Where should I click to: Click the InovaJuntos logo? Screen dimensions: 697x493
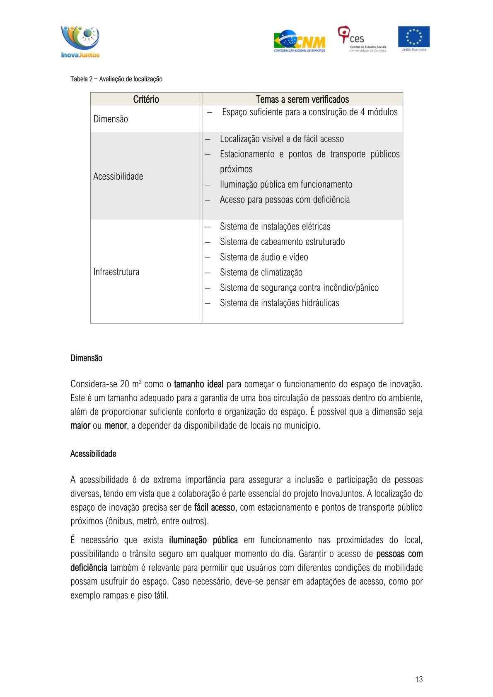[80, 42]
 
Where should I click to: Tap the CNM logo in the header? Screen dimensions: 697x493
[300, 41]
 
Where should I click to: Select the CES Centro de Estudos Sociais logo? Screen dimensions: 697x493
[362, 39]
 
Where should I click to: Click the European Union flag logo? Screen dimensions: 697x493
[413, 38]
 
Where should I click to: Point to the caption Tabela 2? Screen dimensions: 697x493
[116, 79]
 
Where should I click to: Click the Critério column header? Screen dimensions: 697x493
[146, 99]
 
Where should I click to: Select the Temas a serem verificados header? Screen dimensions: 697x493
[302, 99]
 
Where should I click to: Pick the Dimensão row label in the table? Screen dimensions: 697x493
[111, 119]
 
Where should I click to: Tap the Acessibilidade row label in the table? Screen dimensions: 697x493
[118, 176]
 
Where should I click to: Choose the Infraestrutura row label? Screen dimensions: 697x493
[116, 272]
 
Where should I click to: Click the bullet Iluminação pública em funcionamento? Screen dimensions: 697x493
[286, 185]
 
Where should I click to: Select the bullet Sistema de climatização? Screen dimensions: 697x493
[261, 273]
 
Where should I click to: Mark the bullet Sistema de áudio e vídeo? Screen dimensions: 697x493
[264, 257]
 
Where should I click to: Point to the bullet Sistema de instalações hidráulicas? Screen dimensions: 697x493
[279, 303]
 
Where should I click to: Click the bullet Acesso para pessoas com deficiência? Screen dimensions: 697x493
[285, 200]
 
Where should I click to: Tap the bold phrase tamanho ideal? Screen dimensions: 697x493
[198, 384]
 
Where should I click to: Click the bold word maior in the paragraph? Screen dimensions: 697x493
[80, 426]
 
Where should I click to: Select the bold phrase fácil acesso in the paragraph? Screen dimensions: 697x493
[214, 508]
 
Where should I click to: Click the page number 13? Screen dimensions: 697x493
[419, 679]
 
